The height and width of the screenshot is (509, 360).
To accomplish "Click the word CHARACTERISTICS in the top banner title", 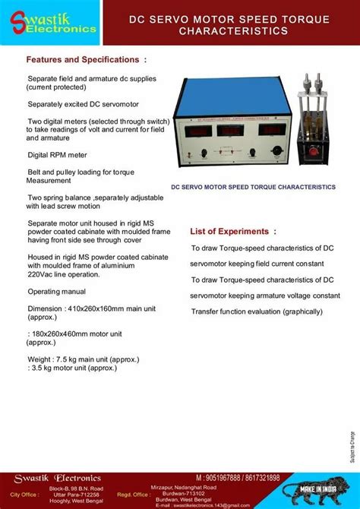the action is (x=233, y=32).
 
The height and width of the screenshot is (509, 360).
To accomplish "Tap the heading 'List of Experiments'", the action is (x=229, y=231).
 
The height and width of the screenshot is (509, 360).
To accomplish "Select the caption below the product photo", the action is (x=252, y=186).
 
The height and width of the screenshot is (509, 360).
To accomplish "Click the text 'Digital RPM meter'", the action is (x=58, y=154).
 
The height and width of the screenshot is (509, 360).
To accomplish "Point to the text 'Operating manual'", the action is (x=58, y=292).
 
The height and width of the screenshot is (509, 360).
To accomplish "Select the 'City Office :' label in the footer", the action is (x=24, y=492).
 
